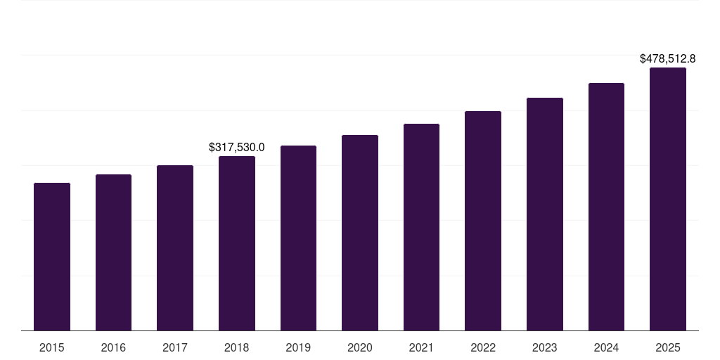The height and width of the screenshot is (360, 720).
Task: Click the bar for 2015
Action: [52, 257]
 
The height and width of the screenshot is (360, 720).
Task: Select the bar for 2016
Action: [113, 252]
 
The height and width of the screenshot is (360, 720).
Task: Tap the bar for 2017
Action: [175, 248]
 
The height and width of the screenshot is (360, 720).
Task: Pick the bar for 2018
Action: [237, 243]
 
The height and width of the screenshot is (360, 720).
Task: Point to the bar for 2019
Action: [298, 238]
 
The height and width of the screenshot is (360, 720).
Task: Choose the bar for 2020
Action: [360, 233]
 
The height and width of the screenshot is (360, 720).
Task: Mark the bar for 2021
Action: [421, 227]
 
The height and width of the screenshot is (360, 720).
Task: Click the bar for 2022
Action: [483, 221]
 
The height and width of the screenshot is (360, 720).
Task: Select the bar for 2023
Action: [545, 214]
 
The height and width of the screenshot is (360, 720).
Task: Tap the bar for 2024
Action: [606, 207]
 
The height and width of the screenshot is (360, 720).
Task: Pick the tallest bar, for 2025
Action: [668, 199]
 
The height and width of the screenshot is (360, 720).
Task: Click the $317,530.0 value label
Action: [237, 147]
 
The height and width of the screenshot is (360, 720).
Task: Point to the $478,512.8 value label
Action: [668, 59]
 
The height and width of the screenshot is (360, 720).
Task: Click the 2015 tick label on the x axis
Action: [52, 347]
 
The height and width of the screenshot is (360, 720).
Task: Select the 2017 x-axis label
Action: [175, 347]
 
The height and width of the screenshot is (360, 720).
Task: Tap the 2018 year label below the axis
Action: [237, 347]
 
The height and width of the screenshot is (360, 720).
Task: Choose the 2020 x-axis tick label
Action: [360, 347]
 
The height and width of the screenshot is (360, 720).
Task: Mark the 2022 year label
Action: [483, 347]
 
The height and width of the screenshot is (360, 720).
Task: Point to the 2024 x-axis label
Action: [606, 347]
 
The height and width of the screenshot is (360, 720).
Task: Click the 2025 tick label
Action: [668, 347]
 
